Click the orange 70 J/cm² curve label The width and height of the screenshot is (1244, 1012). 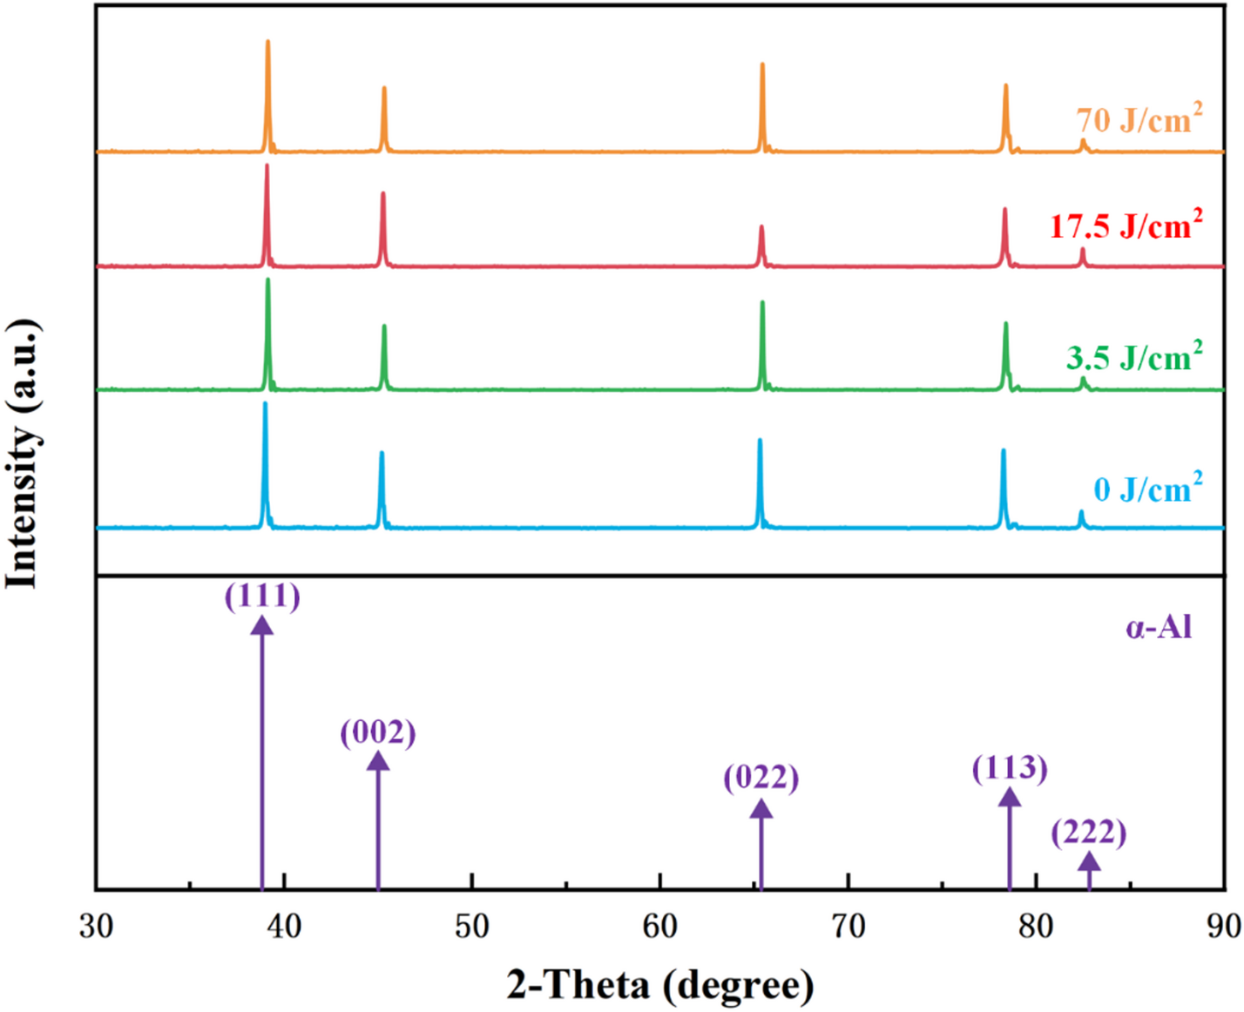(x=1139, y=119)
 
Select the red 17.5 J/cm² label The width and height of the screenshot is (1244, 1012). (x=1126, y=226)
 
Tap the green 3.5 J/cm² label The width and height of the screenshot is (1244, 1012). (x=1133, y=357)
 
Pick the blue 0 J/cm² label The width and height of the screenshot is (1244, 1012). (x=1147, y=489)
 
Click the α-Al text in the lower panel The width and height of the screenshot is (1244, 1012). (x=1158, y=627)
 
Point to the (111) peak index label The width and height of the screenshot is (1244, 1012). (x=262, y=597)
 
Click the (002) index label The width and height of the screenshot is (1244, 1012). (x=377, y=732)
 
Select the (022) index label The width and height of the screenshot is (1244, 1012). (x=761, y=777)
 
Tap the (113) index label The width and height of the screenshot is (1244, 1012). (x=1010, y=768)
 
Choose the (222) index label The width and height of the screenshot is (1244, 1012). (x=1088, y=833)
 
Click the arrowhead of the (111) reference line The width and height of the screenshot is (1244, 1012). (x=262, y=624)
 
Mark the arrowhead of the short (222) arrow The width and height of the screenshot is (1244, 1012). (x=1089, y=861)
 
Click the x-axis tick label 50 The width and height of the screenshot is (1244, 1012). (x=471, y=926)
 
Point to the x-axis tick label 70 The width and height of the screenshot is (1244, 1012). (x=848, y=926)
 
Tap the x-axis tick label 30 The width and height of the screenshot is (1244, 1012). (x=96, y=926)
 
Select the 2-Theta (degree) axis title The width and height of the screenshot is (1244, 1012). (x=660, y=985)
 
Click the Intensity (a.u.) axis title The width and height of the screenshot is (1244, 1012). (x=24, y=454)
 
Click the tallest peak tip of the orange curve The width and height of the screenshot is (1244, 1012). (x=267, y=42)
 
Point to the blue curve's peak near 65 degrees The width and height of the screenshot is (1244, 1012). (x=760, y=441)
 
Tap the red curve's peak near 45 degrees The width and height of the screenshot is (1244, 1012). (x=382, y=194)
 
